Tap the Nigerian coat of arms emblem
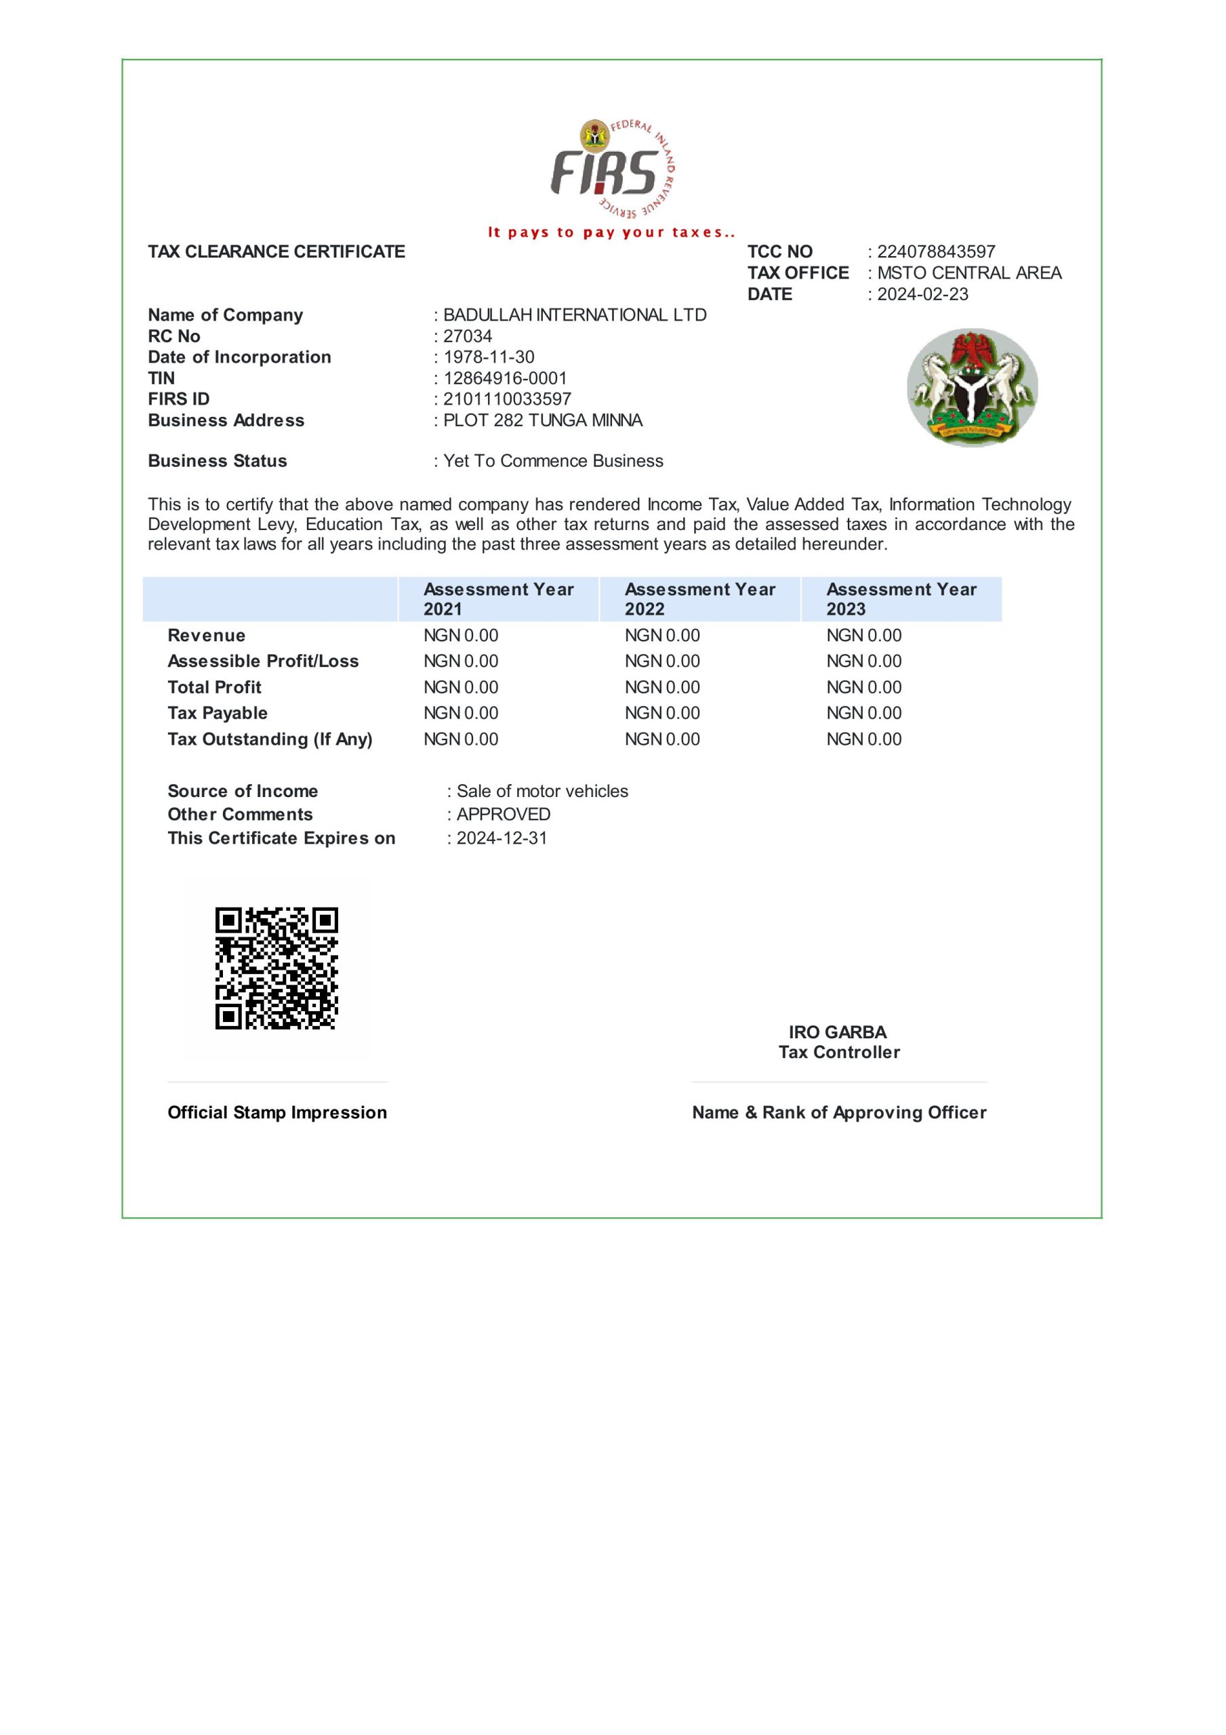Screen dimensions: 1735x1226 [x=972, y=387]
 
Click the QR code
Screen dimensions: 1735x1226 [x=276, y=968]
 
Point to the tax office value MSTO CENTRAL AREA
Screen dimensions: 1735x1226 [x=969, y=273]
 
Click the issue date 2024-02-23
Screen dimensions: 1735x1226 [x=922, y=294]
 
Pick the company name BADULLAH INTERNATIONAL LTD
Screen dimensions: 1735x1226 [x=575, y=315]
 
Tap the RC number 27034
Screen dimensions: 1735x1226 [x=467, y=336]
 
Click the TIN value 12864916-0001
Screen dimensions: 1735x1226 [x=505, y=377]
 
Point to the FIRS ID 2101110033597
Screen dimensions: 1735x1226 [x=507, y=399]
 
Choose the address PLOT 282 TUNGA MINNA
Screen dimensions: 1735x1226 [x=543, y=420]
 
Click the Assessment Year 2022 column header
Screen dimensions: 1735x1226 [x=700, y=599]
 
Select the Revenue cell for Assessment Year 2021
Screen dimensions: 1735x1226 [x=460, y=636]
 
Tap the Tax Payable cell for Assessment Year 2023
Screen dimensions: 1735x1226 [x=863, y=712]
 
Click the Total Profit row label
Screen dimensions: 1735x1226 [x=215, y=687]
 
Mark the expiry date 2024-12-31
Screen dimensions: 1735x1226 [x=502, y=838]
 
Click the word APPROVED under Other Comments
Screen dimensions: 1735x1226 [x=504, y=815]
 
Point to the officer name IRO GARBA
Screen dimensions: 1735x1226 [x=838, y=1032]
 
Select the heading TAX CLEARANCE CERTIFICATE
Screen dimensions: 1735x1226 [x=277, y=251]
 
